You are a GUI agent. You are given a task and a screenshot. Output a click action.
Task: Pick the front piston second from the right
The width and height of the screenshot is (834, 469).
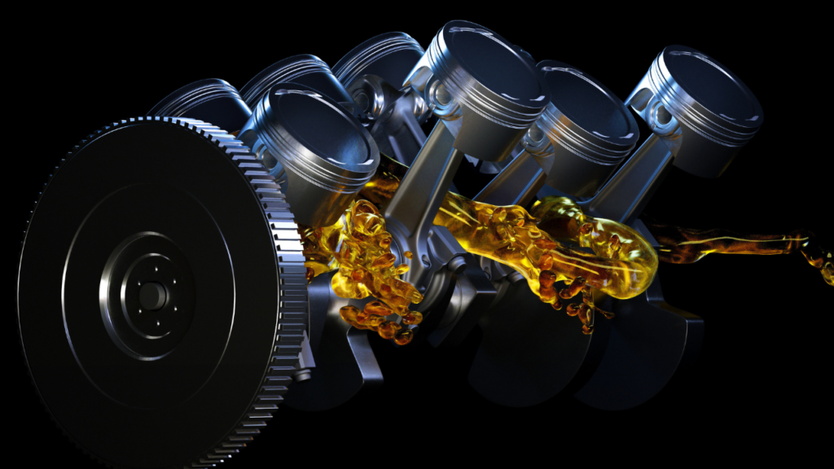click(x=586, y=118)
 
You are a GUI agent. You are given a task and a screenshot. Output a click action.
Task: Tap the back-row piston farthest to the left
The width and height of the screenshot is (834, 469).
click(x=200, y=102)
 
